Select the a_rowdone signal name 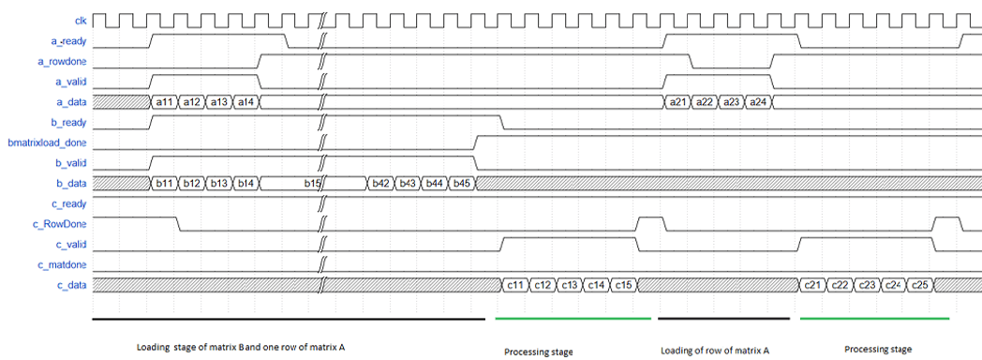63,62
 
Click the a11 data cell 164,102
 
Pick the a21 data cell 677,102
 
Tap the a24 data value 758,102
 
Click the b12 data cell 192,184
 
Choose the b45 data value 462,184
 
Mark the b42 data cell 380,184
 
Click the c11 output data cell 514,286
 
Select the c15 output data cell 624,286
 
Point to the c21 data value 812,286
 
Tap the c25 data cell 920,286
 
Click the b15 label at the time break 312,184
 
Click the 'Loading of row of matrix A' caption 715,351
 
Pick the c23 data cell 866,286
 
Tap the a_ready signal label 67,41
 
